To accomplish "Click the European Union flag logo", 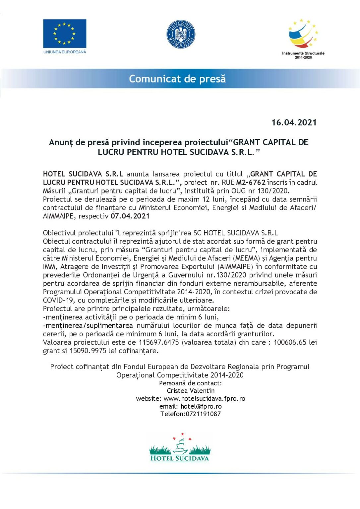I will pyautogui.click(x=65, y=33).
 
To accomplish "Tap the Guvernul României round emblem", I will pyautogui.click(x=181, y=34).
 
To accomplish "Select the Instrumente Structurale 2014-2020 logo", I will pyautogui.click(x=303, y=38).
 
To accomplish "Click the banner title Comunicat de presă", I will pyautogui.click(x=177, y=79).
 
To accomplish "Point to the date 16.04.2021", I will pyautogui.click(x=294, y=123).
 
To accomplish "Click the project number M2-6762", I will pyautogui.click(x=251, y=182).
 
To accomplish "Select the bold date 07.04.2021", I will pyautogui.click(x=130, y=216).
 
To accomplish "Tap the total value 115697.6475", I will pyautogui.click(x=159, y=342).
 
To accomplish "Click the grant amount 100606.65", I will pyautogui.click(x=290, y=342).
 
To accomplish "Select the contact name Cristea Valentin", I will pyautogui.click(x=191, y=391).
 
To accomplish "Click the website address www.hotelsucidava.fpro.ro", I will pyautogui.click(x=205, y=398).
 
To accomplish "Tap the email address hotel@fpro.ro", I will pyautogui.click(x=201, y=406).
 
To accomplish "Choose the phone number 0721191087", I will pyautogui.click(x=203, y=414).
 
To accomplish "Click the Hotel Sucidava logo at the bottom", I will pyautogui.click(x=180, y=448).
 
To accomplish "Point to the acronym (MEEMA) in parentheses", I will pyautogui.click(x=246, y=258).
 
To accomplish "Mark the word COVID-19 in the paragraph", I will pyautogui.click(x=58, y=300).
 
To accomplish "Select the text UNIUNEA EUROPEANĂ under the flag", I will pyautogui.click(x=65, y=52).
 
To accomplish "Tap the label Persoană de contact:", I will pyautogui.click(x=190, y=383).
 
